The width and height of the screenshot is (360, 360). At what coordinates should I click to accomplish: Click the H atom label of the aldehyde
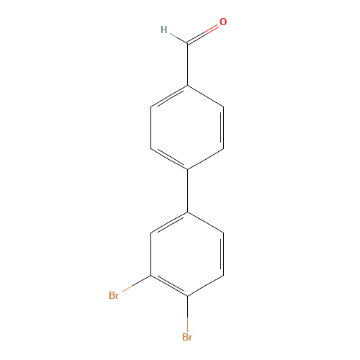[x=163, y=30]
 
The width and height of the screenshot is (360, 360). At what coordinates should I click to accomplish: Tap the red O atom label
[x=223, y=22]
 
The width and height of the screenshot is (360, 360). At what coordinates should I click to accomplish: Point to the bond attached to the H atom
[x=178, y=37]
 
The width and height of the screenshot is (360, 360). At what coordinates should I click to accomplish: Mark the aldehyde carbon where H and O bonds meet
[x=188, y=44]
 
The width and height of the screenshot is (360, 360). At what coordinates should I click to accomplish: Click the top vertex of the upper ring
[x=188, y=86]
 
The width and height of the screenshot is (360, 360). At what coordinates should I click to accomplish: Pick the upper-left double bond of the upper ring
[x=170, y=96]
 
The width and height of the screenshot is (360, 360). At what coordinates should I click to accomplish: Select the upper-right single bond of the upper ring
[x=206, y=96]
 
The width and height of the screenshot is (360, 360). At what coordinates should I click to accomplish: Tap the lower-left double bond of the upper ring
[x=170, y=158]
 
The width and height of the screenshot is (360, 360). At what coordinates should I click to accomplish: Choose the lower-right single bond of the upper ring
[x=206, y=158]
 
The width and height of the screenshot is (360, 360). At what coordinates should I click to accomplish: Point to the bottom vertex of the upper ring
[x=188, y=169]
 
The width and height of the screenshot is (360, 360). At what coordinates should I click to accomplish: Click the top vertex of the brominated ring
[x=188, y=212]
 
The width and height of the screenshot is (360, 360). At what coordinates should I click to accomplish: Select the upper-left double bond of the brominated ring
[x=170, y=222]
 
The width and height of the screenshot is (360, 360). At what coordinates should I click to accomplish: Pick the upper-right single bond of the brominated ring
[x=206, y=222]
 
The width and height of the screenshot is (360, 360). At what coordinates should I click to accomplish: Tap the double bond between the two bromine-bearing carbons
[x=170, y=285]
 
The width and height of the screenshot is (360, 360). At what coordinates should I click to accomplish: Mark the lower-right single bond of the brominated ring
[x=206, y=285]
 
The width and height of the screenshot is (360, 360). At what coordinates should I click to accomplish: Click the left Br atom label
[x=114, y=295]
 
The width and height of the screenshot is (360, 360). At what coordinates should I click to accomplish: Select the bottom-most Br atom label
[x=187, y=337]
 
